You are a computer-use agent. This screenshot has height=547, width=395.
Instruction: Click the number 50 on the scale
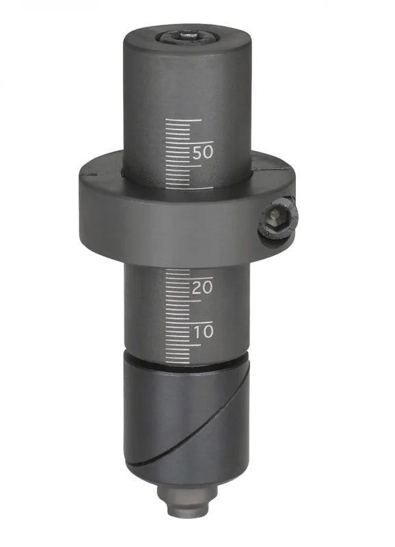[x=202, y=152]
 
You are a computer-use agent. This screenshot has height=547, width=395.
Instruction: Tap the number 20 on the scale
[x=202, y=287]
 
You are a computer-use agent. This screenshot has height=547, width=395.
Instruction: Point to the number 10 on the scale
[x=203, y=332]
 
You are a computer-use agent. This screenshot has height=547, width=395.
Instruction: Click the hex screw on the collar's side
[x=278, y=220]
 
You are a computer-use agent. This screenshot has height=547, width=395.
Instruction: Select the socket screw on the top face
[x=182, y=36]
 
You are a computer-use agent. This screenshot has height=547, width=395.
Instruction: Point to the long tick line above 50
[x=189, y=143]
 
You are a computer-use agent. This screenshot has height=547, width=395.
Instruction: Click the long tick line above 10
[x=189, y=323]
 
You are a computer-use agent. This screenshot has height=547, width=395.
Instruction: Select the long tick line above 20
[x=189, y=278]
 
